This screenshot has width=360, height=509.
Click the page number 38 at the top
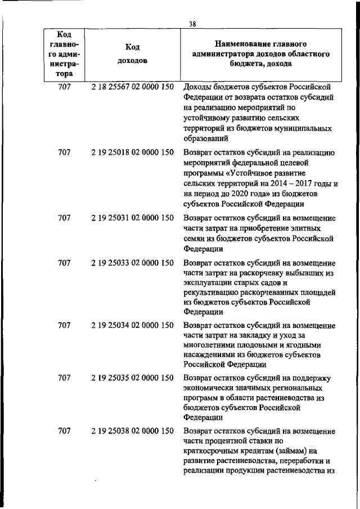[x=192, y=23]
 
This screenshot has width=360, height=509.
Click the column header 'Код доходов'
[x=132, y=54]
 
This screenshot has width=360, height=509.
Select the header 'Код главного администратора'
[x=64, y=54]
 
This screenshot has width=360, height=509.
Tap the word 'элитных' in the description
[x=308, y=228]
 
